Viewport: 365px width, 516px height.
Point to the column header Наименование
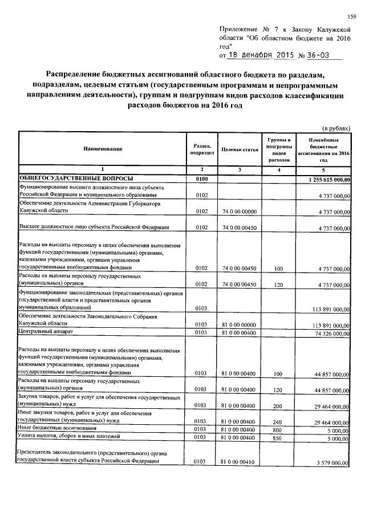(103, 149)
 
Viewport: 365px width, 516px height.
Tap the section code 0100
(202, 179)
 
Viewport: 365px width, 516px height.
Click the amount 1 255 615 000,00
(325, 180)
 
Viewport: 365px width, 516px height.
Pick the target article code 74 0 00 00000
(240, 212)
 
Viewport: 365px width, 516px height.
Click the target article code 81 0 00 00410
(240, 462)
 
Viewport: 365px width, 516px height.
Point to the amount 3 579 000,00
(332, 462)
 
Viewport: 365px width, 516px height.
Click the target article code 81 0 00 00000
(240, 324)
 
